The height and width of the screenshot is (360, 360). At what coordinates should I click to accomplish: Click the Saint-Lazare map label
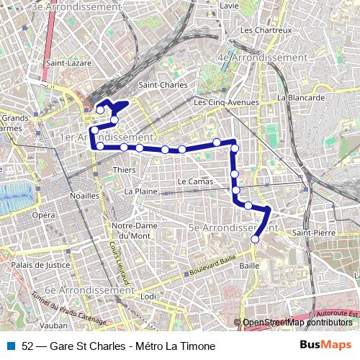(x=67, y=63)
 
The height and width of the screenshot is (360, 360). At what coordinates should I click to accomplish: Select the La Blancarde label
(x=302, y=97)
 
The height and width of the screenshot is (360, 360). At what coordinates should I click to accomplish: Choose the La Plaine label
(x=140, y=192)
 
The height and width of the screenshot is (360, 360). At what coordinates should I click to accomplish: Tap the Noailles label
(x=84, y=195)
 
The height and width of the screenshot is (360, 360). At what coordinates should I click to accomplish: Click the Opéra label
(x=43, y=215)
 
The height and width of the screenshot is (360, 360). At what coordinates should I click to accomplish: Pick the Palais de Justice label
(x=37, y=265)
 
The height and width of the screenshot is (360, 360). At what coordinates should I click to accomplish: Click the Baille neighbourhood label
(x=248, y=265)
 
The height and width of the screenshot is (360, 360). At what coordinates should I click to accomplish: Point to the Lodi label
(x=148, y=296)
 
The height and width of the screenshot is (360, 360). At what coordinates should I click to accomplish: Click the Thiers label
(x=124, y=170)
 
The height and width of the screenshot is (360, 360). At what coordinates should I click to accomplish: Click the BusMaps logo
(x=320, y=345)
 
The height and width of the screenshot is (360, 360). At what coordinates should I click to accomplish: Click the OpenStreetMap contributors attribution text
(x=297, y=323)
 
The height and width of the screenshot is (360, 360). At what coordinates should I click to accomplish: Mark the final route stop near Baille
(x=254, y=239)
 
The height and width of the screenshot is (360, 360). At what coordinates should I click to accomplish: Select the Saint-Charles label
(x=163, y=84)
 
